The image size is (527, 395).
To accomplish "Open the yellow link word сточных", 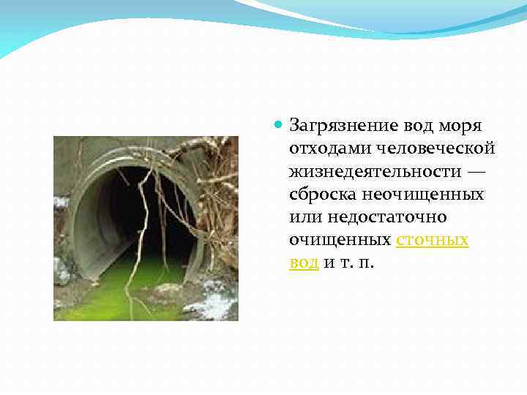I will click(x=432, y=240).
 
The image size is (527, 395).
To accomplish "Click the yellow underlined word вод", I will click(x=303, y=263).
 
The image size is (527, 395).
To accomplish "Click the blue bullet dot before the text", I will click(x=278, y=125).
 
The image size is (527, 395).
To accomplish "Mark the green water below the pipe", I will click(x=110, y=300).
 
